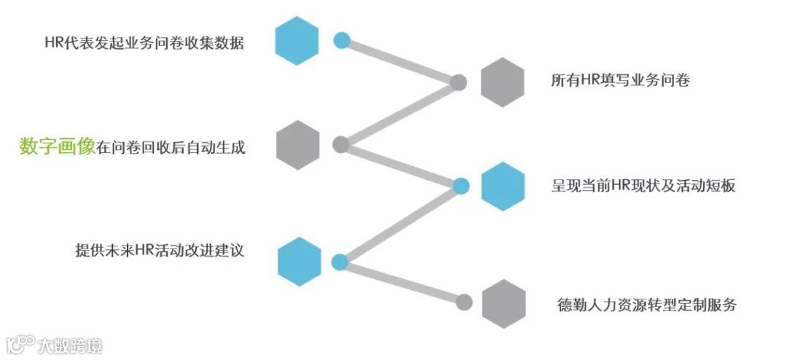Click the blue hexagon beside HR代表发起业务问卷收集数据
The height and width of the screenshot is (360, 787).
297,42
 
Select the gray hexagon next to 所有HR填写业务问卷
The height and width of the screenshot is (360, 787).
503,82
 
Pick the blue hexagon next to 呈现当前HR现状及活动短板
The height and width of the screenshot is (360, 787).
504,187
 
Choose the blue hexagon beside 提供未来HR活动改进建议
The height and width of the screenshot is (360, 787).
299,262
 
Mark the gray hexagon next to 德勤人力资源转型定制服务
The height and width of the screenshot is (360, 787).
504,303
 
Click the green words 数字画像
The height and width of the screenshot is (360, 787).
58,146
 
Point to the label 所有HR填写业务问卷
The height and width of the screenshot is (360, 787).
620,81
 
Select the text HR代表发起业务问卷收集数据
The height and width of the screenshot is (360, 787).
144,42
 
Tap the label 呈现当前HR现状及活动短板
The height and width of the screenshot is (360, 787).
643,186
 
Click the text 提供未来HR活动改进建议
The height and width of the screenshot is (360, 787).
159,251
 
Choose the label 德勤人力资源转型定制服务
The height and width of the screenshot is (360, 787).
646,305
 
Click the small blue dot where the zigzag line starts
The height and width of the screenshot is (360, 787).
342,40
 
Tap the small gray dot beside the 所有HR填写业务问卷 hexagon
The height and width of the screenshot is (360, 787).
458,82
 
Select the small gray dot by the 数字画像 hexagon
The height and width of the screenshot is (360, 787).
340,144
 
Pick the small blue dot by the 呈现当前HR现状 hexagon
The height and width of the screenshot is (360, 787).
461,186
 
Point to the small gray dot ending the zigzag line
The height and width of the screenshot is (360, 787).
463,300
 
